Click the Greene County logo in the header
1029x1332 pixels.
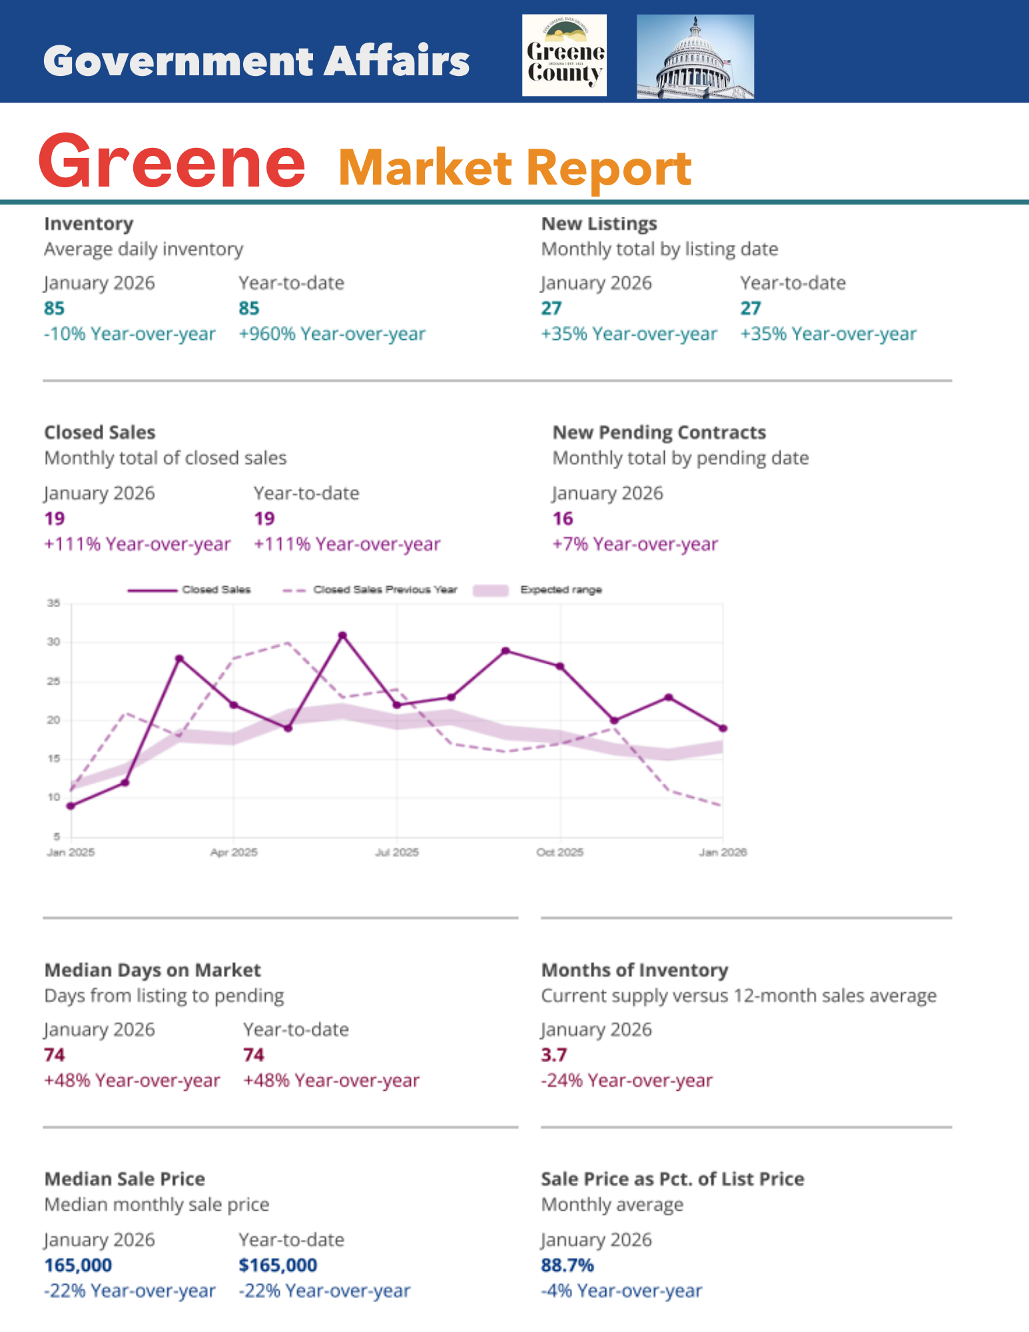[564, 56]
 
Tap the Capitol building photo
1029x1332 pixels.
[695, 57]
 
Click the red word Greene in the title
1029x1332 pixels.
[172, 162]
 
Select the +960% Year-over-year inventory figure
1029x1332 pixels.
[332, 334]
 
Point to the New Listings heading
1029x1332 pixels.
[599, 224]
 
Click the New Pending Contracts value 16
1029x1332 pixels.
[563, 518]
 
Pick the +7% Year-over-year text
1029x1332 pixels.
[635, 544]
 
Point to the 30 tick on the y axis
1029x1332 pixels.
[53, 642]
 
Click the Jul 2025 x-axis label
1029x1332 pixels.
[397, 852]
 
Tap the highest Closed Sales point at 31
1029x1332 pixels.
[342, 635]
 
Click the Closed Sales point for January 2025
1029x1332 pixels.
[71, 806]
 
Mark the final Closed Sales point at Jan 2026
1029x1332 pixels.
[723, 728]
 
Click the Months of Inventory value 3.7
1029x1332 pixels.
[553, 1055]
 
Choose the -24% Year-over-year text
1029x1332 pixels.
[626, 1080]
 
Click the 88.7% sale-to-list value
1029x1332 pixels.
[567, 1265]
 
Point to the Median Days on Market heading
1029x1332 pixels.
[153, 970]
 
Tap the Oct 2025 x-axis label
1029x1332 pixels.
[560, 852]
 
